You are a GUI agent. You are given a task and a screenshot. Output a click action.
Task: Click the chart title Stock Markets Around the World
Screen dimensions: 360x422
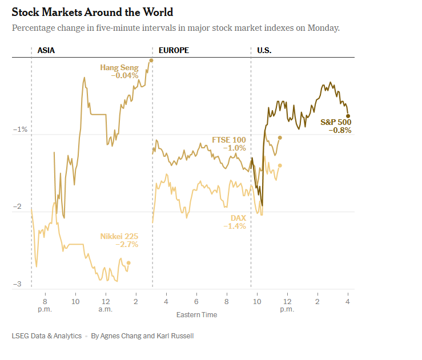click(93, 12)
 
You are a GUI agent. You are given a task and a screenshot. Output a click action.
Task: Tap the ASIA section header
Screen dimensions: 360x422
click(46, 50)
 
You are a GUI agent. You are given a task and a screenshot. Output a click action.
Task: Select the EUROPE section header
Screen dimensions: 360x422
click(174, 50)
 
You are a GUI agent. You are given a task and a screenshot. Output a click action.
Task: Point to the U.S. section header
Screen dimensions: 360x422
click(264, 50)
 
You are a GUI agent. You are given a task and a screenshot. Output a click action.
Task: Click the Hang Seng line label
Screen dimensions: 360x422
click(119, 68)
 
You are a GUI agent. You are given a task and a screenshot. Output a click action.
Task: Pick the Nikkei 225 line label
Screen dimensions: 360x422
click(119, 236)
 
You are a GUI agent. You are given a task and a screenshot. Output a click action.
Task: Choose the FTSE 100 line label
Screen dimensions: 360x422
click(229, 140)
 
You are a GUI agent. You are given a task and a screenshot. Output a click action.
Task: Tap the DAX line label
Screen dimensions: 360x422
click(238, 219)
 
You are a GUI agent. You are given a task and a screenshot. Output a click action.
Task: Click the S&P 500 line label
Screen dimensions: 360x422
click(336, 122)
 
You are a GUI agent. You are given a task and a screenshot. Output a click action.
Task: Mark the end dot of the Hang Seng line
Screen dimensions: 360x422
click(151, 60)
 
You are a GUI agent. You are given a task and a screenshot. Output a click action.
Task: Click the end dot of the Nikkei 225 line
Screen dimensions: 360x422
click(128, 263)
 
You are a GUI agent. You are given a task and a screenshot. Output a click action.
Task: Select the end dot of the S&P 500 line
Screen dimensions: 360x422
click(348, 116)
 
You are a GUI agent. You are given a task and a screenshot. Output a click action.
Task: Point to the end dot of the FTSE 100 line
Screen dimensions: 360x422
click(280, 137)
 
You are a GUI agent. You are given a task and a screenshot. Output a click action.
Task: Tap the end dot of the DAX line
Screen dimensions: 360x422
click(280, 165)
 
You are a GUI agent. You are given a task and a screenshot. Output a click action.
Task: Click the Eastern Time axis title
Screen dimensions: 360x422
click(196, 315)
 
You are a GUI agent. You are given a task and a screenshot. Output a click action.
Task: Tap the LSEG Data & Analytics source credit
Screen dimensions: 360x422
click(46, 336)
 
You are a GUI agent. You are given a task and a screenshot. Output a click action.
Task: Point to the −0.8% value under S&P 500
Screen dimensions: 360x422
click(340, 130)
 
